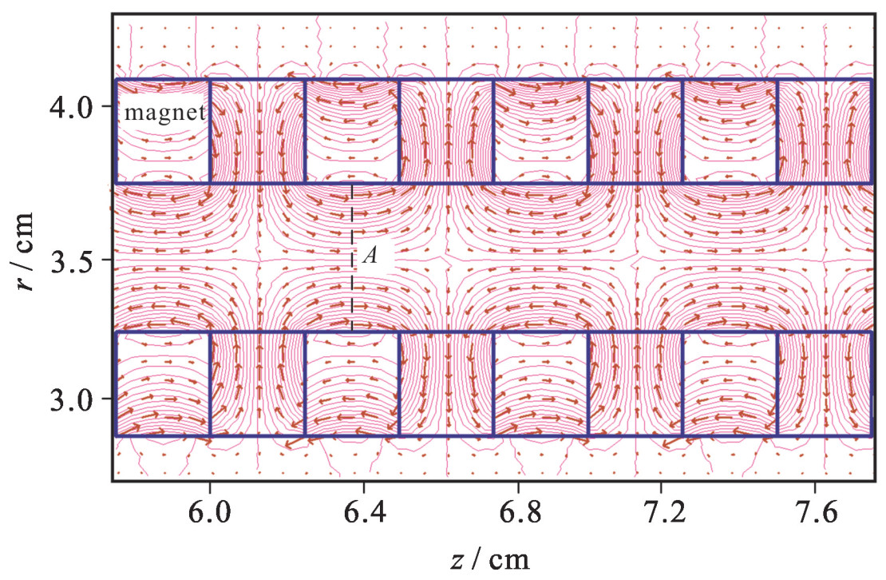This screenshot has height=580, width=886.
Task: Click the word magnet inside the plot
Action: pyautogui.click(x=165, y=113)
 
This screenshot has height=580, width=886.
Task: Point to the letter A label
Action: pyautogui.click(x=370, y=256)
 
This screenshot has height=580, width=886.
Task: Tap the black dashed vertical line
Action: pyautogui.click(x=353, y=296)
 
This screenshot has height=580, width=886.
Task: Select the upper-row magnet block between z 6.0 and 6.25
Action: pyautogui.click(x=258, y=132)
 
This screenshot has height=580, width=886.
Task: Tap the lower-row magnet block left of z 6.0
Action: pyautogui.click(x=163, y=383)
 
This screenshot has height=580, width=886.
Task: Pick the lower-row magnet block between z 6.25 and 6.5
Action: pyautogui.click(x=352, y=383)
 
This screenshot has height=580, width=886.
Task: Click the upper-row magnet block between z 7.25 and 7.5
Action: pyautogui.click(x=730, y=132)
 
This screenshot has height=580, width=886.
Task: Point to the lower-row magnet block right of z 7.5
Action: pyautogui.click(x=825, y=383)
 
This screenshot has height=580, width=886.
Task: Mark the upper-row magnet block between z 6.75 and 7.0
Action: pyautogui.click(x=540, y=132)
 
